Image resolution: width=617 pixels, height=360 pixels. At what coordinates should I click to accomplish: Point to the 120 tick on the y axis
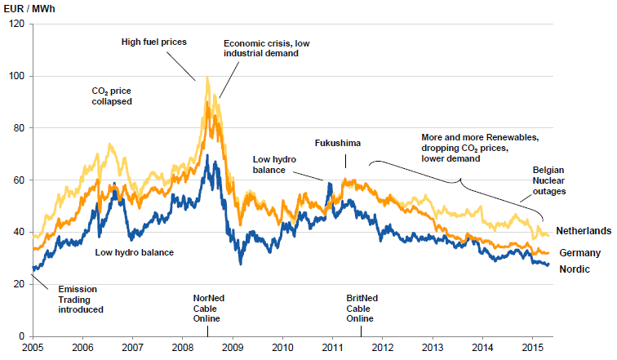pyautogui.click(x=18, y=24)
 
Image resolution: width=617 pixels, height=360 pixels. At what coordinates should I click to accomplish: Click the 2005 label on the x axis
pyautogui.click(x=33, y=348)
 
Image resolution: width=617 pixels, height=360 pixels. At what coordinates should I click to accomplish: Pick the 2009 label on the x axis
pyautogui.click(x=233, y=348)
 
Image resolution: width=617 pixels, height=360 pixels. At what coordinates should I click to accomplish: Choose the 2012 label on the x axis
pyautogui.click(x=383, y=348)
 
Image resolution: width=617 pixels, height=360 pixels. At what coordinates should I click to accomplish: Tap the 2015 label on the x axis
pyautogui.click(x=532, y=348)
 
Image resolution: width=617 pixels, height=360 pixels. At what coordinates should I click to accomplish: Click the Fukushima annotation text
pyautogui.click(x=337, y=143)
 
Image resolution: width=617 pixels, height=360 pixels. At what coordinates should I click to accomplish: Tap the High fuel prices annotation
pyautogui.click(x=154, y=41)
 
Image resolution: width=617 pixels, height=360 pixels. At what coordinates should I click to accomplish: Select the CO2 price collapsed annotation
pyautogui.click(x=112, y=96)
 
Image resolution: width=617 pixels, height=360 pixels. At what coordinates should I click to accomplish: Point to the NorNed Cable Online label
pyautogui.click(x=208, y=309)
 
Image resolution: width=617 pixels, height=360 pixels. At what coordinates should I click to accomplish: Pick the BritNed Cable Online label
pyautogui.click(x=360, y=309)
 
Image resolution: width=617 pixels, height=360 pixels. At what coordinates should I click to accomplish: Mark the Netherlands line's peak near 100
pyautogui.click(x=207, y=78)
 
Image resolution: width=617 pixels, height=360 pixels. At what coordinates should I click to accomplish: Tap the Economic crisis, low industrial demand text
pyautogui.click(x=261, y=47)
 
